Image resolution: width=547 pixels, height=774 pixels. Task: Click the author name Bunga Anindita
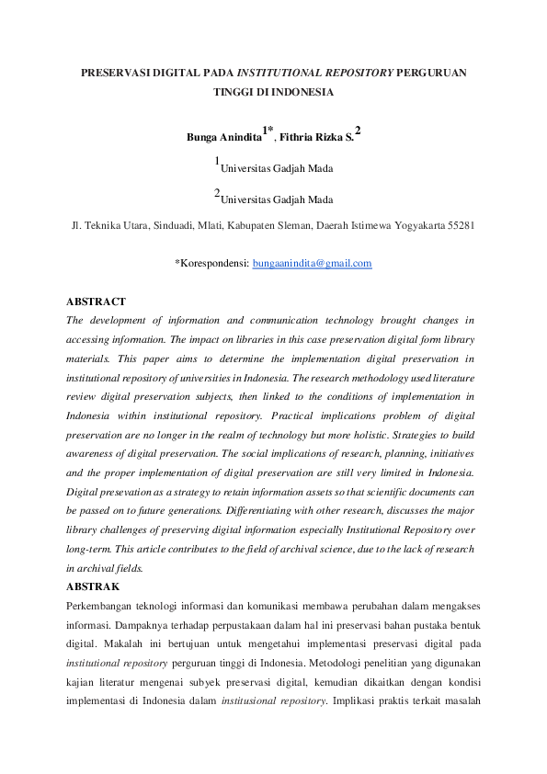[223, 138]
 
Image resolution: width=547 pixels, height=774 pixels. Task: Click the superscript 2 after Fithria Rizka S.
[358, 132]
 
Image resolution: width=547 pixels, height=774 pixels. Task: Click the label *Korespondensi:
[211, 263]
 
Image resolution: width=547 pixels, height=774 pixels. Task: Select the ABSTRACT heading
[96, 302]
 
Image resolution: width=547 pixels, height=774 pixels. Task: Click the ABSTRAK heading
[93, 586]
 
